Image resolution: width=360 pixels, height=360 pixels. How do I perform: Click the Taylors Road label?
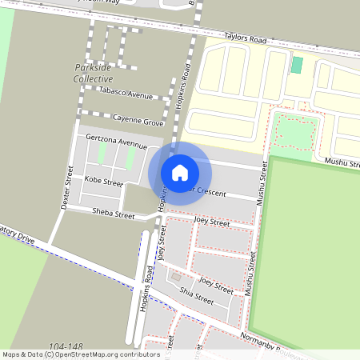(x=244, y=37)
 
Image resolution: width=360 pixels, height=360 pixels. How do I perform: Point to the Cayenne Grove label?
(x=138, y=122)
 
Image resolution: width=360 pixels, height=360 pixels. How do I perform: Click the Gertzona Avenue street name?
(x=117, y=142)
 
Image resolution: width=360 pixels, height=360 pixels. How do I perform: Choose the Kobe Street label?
(x=104, y=182)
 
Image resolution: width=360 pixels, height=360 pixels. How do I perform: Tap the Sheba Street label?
(x=114, y=214)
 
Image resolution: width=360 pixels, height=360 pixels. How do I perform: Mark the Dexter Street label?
(x=67, y=192)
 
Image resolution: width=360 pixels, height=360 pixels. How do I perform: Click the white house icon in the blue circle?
(x=180, y=172)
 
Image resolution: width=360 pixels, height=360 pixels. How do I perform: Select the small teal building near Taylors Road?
(x=297, y=65)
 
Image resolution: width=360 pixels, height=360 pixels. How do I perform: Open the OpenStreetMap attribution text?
(x=80, y=354)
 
